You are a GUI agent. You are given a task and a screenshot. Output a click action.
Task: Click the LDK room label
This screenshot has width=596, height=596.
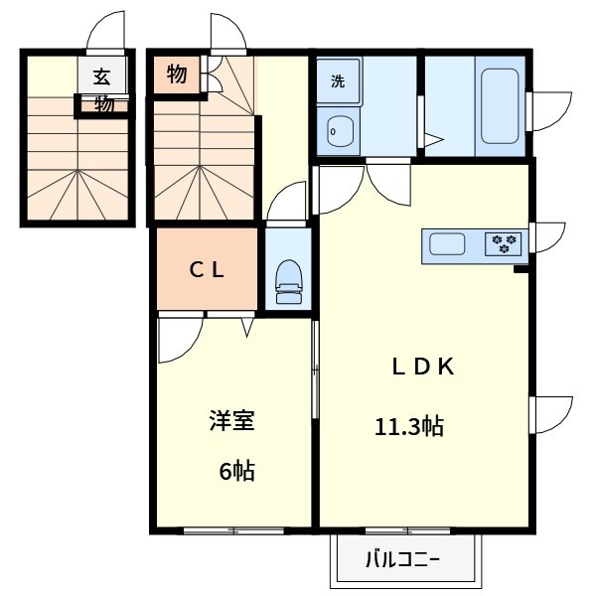click(421, 367)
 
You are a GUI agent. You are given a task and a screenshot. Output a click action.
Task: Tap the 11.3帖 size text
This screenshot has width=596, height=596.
click(408, 428)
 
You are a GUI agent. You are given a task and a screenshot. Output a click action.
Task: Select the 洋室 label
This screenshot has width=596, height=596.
click(231, 421)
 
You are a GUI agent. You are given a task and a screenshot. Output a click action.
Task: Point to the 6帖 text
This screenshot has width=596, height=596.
click(236, 471)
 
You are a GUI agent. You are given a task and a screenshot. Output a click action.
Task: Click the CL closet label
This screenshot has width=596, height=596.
click(208, 268)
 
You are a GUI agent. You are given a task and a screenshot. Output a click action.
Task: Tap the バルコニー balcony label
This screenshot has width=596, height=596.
click(406, 559)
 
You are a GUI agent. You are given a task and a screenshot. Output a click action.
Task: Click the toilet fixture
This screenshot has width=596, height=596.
click(289, 282)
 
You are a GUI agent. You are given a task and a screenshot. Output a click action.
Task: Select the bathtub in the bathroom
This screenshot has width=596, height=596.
click(500, 106)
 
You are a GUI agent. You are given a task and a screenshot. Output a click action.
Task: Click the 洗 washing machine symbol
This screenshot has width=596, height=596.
click(339, 82)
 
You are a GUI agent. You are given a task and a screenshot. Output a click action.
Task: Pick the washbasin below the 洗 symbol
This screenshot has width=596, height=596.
click(339, 129)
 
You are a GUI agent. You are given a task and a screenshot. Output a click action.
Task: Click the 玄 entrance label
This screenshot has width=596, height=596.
click(102, 76)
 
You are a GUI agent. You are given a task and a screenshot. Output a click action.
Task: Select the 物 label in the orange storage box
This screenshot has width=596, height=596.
click(177, 74)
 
